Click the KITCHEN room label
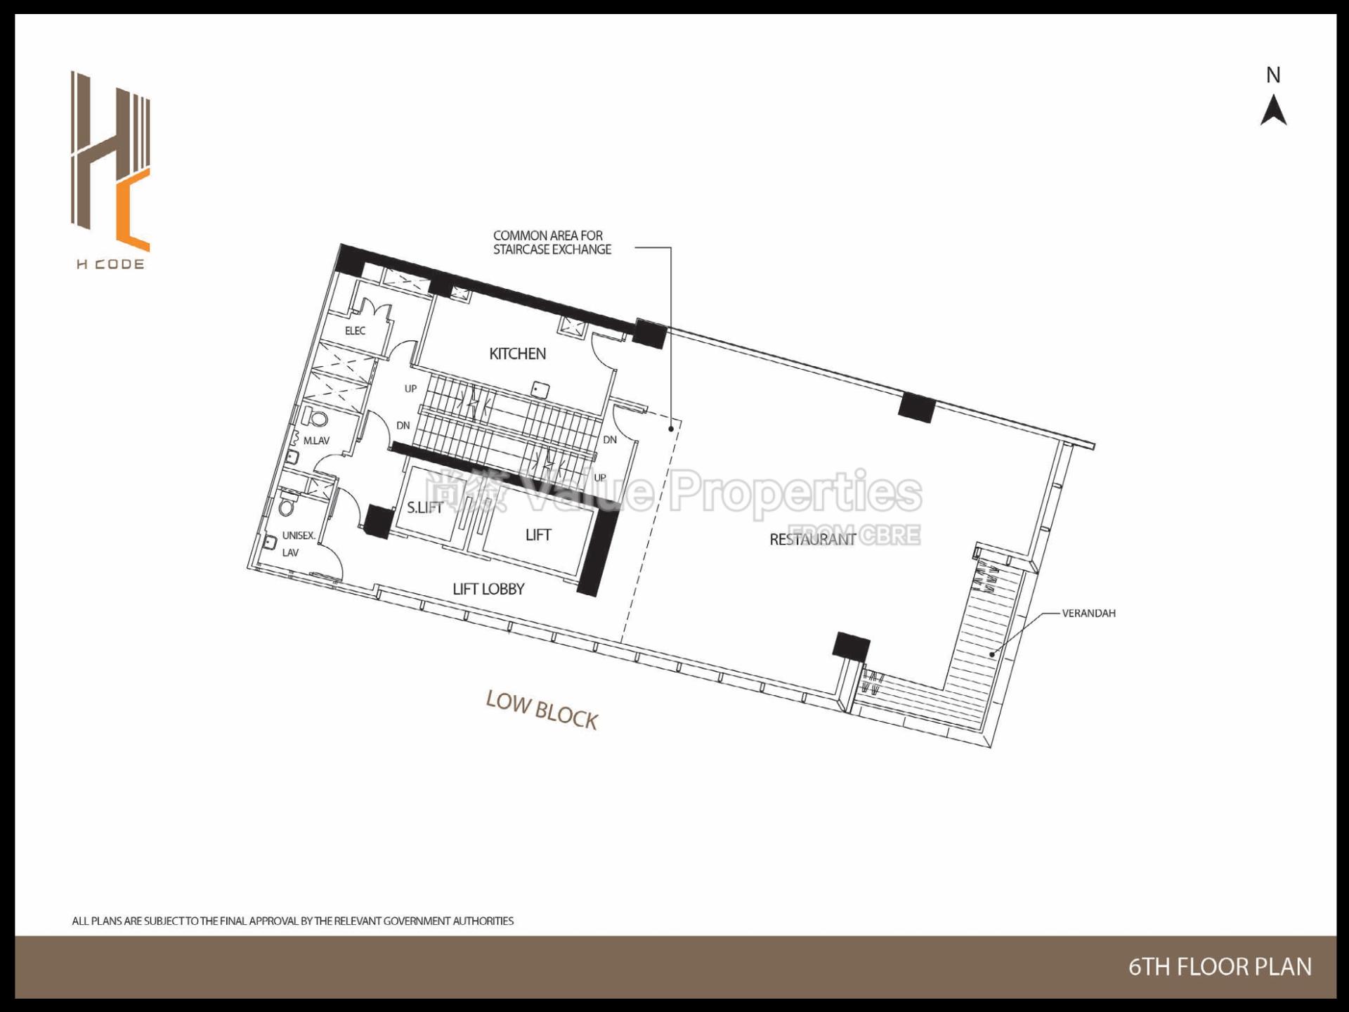point(517,353)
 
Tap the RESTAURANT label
point(812,539)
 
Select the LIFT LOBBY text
point(488,589)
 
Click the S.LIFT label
point(424,507)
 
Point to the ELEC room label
point(355,330)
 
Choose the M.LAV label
point(316,441)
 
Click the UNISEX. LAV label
point(298,543)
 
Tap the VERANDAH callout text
point(1088,613)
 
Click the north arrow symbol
point(1273,111)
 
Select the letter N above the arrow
point(1273,75)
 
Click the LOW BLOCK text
point(542,711)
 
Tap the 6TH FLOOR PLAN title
point(1220,967)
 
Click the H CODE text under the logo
point(110,264)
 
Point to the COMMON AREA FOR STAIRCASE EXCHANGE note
point(552,242)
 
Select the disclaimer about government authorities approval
point(292,921)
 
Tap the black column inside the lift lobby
point(378,521)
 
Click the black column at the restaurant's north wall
point(917,407)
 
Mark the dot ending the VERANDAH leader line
point(992,654)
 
